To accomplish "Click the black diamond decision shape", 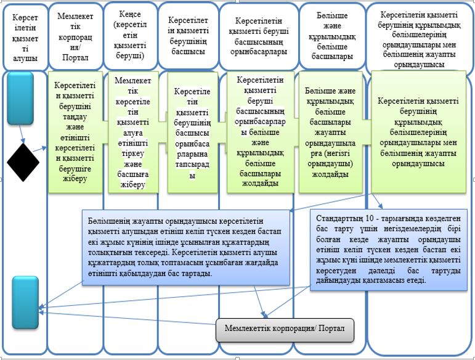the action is coord(23,163).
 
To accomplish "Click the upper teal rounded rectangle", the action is coord(20,98).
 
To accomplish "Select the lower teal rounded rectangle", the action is coord(25,303).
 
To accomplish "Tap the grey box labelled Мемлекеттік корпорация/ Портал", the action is coord(285,330).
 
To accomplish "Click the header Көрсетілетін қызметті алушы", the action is coord(25,38).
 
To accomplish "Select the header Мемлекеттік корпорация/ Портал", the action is coord(75,36).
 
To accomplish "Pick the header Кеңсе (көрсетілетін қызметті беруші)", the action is coord(130,35).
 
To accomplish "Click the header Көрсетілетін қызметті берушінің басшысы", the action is coord(188,36).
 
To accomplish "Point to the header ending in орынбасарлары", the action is coord(259,36).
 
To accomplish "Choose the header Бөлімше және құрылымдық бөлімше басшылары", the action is coord(332,36).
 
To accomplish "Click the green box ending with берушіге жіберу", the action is coord(75,132).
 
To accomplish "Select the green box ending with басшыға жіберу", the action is coord(133,132).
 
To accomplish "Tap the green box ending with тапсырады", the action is coord(193,132).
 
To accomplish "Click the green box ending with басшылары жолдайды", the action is coord(260,132).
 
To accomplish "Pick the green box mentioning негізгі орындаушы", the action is coord(330,132).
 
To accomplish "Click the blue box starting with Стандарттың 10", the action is coord(389,250).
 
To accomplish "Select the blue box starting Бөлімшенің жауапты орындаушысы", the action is coord(186,247).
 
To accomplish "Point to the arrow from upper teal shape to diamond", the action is coord(22,134).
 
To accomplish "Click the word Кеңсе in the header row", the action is coord(130,14).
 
